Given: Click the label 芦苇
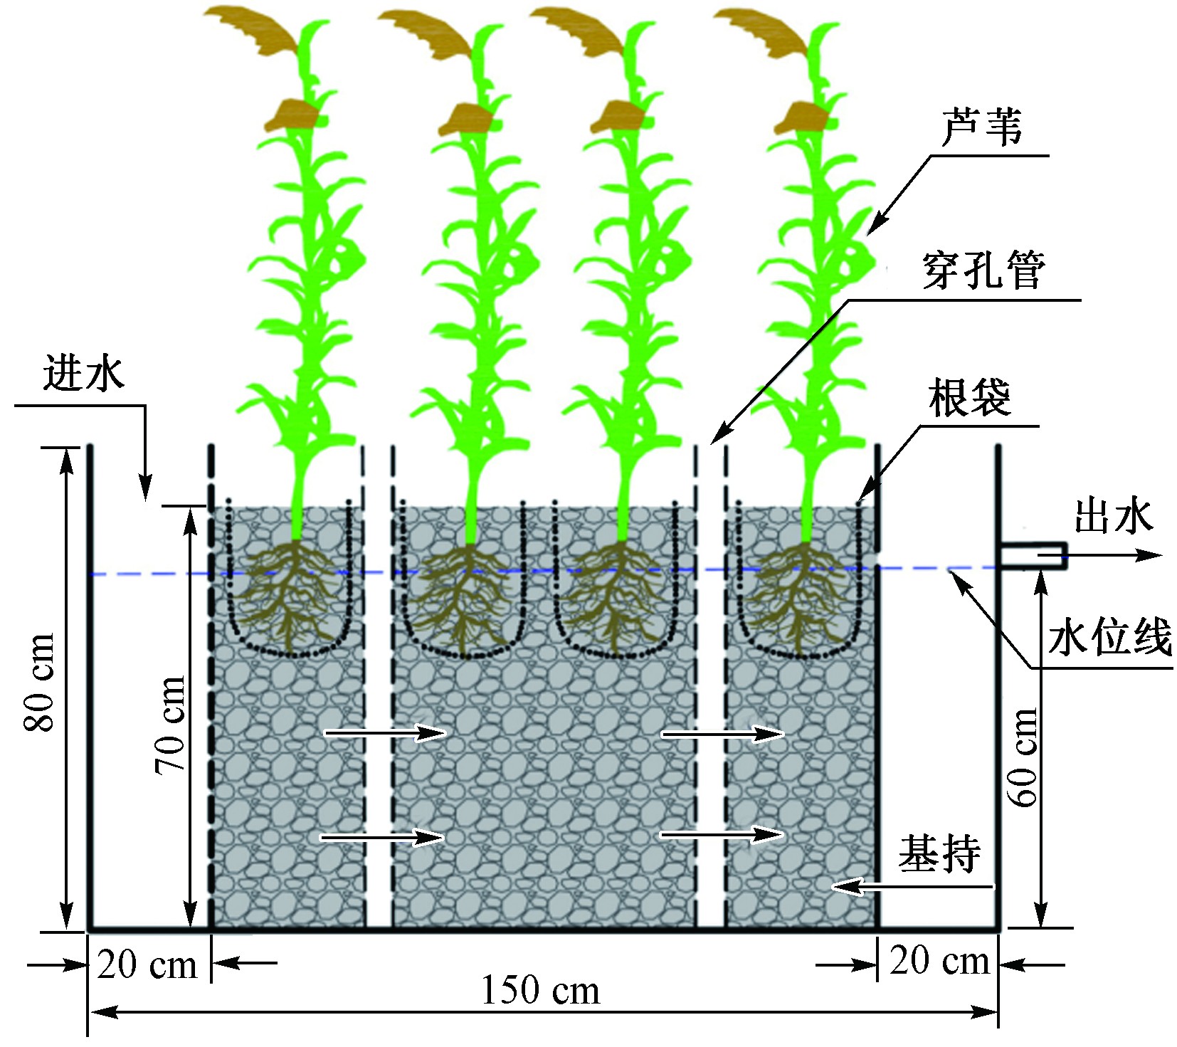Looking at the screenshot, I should [x=981, y=129].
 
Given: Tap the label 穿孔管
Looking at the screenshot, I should [x=983, y=270].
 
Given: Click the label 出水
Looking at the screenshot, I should [x=1112, y=516].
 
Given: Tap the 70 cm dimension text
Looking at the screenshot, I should [x=171, y=725].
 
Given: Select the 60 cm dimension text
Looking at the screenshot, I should [x=1025, y=757].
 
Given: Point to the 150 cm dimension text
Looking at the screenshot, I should [x=540, y=990].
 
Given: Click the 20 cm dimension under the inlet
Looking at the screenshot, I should [x=147, y=966].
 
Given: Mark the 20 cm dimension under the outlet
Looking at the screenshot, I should [x=939, y=962].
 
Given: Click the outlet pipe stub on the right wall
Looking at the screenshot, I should [x=1032, y=556].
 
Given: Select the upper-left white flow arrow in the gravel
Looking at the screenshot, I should [x=385, y=732].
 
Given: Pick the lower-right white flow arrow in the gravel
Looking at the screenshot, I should [x=722, y=834].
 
